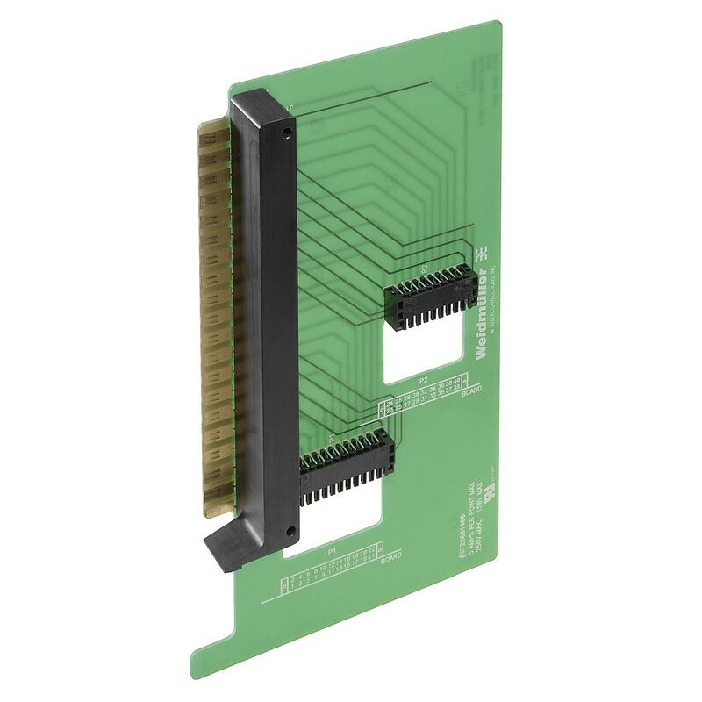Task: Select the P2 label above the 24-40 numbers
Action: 424,380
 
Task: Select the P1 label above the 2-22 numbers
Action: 332,551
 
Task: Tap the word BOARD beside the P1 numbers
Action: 391,557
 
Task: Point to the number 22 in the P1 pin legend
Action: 372,548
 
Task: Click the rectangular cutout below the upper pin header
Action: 421,351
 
